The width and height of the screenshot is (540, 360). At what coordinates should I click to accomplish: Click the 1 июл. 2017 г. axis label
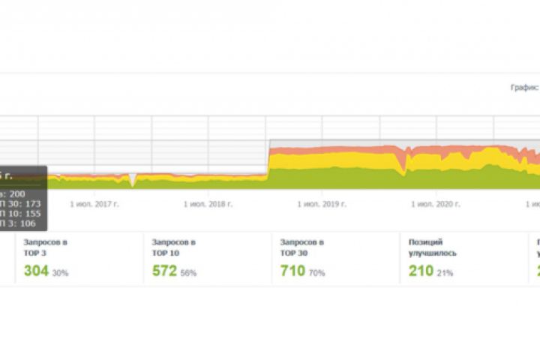point(94,203)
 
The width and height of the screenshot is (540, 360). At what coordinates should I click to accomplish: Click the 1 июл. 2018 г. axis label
point(208,203)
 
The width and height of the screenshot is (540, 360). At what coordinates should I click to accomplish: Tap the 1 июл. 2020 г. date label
point(435,203)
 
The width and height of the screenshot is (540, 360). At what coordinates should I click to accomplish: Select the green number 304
point(36,271)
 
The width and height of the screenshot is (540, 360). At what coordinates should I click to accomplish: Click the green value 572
point(163,271)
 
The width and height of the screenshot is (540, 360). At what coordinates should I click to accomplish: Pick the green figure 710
point(292,271)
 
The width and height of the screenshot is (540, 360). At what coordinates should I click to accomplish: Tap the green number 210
point(421,271)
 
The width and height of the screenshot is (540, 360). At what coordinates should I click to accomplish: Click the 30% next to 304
point(60,273)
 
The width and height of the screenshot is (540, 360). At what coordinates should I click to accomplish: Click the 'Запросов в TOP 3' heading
point(46,247)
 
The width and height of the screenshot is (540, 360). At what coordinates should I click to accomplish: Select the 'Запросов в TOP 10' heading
point(174,247)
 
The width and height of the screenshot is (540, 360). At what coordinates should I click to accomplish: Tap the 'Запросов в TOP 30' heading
point(302,247)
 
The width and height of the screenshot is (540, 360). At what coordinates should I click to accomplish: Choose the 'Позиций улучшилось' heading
point(433,247)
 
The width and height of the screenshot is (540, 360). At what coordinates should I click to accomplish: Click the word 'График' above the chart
point(524,88)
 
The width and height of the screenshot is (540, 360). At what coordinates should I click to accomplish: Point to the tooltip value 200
point(16,193)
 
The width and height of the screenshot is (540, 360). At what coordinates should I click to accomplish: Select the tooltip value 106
point(28,223)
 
